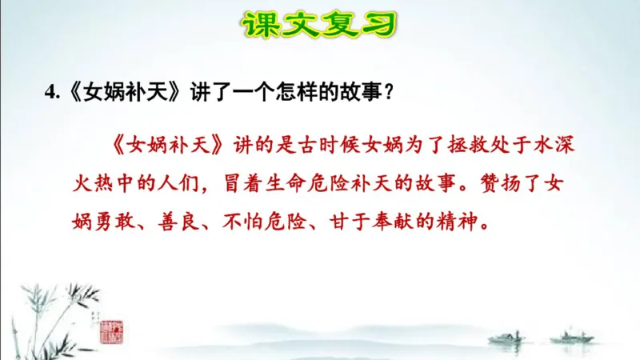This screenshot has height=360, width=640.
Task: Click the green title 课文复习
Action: coord(319,24)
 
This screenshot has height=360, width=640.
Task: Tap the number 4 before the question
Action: coord(50,93)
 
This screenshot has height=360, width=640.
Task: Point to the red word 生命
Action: coord(287,186)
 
